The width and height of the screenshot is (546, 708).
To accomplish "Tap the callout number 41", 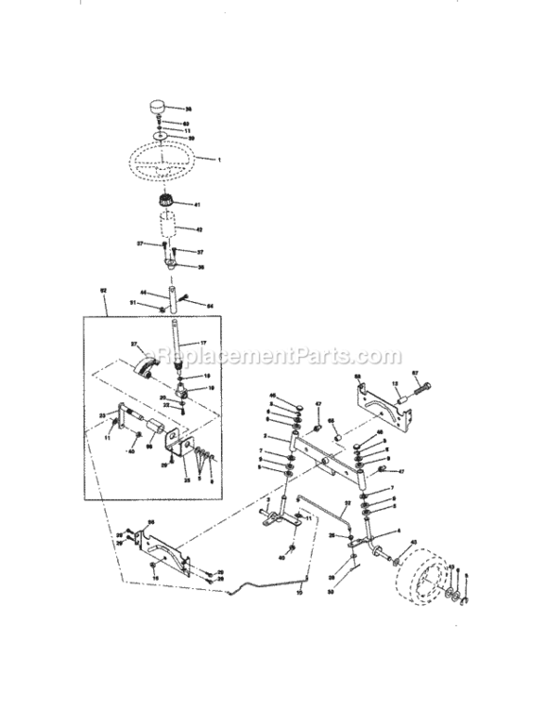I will point(197,205).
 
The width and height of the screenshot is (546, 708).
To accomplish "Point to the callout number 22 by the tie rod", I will point(348,504).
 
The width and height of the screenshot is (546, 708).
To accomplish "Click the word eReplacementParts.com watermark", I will point(273,358).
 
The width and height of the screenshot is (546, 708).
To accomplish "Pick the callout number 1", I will point(219,160).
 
